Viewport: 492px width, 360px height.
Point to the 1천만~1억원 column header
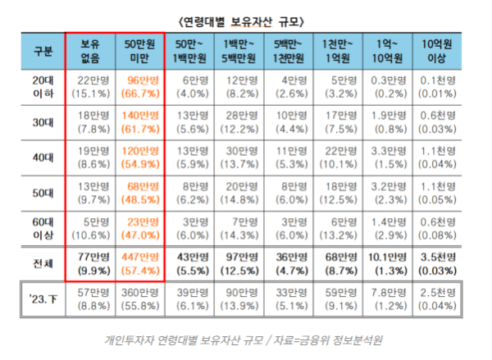(338, 50)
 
